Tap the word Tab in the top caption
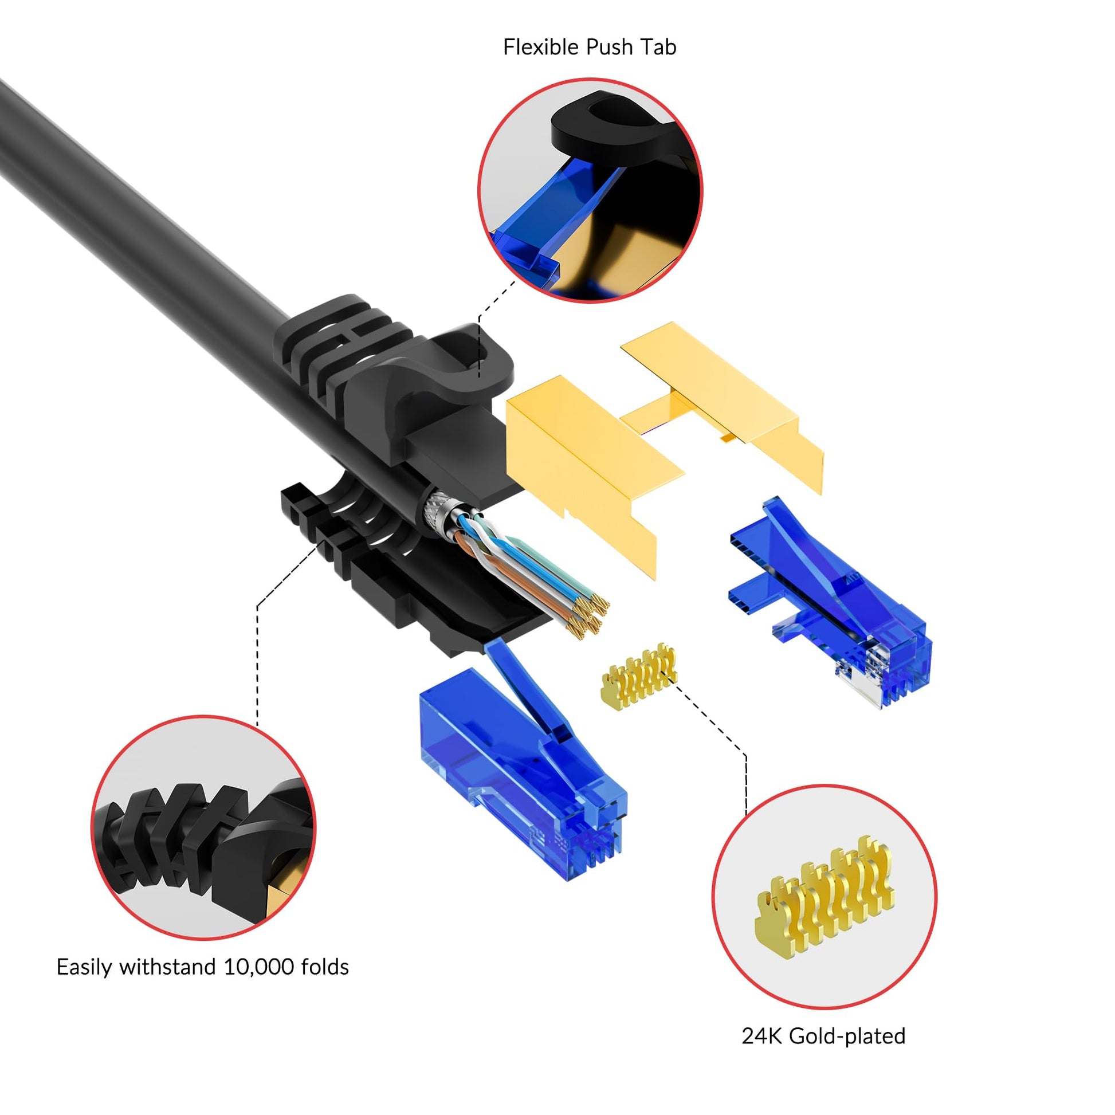[x=658, y=47]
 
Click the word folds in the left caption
[x=323, y=967]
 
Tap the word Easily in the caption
[x=85, y=967]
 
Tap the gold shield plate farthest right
[x=721, y=398]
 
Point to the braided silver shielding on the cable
[x=439, y=510]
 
